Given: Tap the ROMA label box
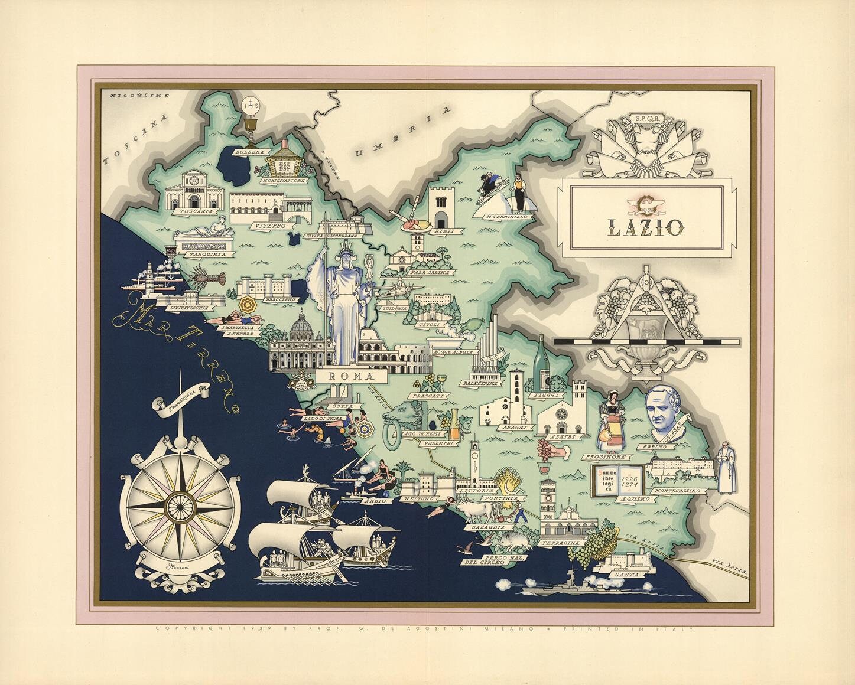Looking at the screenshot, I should click(350, 376).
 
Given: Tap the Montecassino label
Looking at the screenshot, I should click(677, 491).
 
